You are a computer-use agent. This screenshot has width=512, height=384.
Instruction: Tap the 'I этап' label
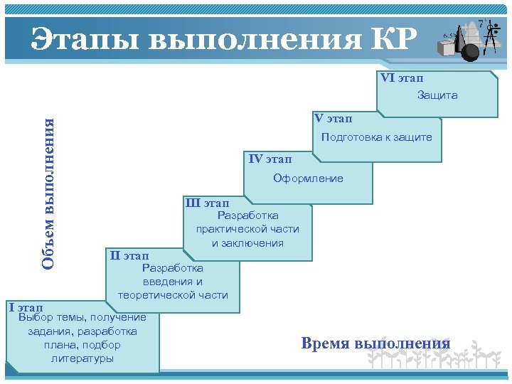click(26, 307)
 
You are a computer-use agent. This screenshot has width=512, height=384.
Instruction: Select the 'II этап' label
click(129, 255)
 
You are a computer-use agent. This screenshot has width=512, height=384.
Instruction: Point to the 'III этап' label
click(207, 203)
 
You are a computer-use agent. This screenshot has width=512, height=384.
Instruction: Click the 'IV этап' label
click(270, 158)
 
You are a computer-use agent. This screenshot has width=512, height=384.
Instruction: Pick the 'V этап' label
click(333, 117)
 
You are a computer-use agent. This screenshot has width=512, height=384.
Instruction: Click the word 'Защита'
click(437, 95)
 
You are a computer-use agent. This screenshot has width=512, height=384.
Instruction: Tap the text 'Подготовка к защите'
click(376, 137)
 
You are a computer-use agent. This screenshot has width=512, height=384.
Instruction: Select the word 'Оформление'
click(308, 178)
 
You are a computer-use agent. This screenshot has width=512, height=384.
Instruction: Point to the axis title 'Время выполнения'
click(375, 343)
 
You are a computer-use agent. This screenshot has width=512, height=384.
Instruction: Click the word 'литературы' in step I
click(82, 358)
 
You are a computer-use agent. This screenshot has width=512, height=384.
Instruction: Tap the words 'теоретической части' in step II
click(173, 294)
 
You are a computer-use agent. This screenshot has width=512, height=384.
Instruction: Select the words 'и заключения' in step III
click(247, 242)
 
